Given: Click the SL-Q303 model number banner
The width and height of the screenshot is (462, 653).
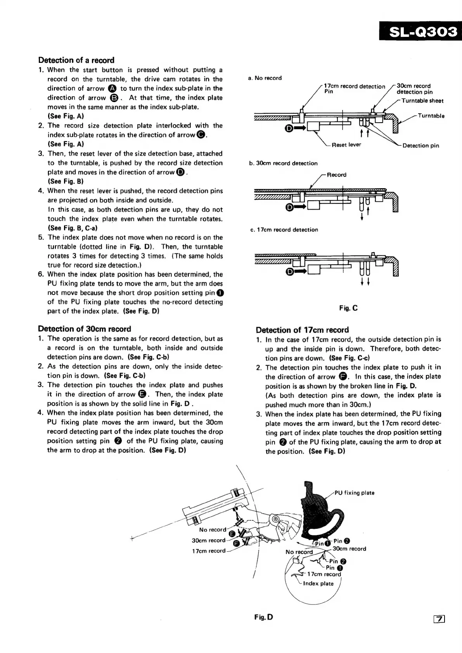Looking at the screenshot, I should pyautogui.click(x=422, y=31).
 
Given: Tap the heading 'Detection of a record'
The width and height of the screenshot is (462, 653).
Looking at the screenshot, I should pyautogui.click(x=76, y=60).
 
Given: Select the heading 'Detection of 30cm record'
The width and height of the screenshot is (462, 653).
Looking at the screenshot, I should pyautogui.click(x=85, y=329).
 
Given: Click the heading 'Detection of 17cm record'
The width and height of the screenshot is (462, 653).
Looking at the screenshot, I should pyautogui.click(x=302, y=330).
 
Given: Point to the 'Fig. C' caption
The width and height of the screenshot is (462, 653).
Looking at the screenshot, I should pyautogui.click(x=348, y=308).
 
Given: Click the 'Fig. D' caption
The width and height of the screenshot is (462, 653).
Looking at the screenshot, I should pyautogui.click(x=264, y=617).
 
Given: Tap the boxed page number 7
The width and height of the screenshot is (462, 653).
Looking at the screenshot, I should pyautogui.click(x=440, y=620).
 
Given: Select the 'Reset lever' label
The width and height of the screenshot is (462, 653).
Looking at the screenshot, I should pyautogui.click(x=346, y=145).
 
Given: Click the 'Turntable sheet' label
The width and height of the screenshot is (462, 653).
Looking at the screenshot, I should pyautogui.click(x=422, y=101).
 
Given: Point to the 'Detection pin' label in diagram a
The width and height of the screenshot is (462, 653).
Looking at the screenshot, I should pyautogui.click(x=421, y=145).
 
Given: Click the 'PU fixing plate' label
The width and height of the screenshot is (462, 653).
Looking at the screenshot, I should pyautogui.click(x=355, y=493).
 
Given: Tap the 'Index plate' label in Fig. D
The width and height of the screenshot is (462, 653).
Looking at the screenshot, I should pyautogui.click(x=318, y=584).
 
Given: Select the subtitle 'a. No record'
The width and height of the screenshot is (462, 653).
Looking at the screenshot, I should pyautogui.click(x=265, y=78).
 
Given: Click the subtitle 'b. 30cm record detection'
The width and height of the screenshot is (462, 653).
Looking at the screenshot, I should pyautogui.click(x=283, y=163).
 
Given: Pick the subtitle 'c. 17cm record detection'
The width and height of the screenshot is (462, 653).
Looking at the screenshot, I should pyautogui.click(x=284, y=230).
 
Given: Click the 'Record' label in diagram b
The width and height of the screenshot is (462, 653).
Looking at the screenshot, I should pyautogui.click(x=336, y=175).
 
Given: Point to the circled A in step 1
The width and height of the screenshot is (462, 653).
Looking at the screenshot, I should pyautogui.click(x=112, y=88).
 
